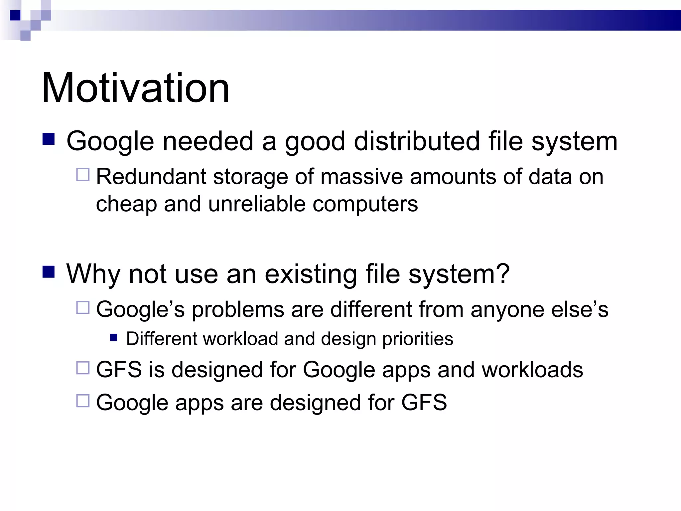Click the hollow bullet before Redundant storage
pos(83,175)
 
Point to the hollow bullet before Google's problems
pos(83,308)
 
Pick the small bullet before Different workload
pos(114,338)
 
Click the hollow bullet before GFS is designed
pos(83,368)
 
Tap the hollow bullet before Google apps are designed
pos(83,401)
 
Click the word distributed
pos(417,141)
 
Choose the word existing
pos(311,274)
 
